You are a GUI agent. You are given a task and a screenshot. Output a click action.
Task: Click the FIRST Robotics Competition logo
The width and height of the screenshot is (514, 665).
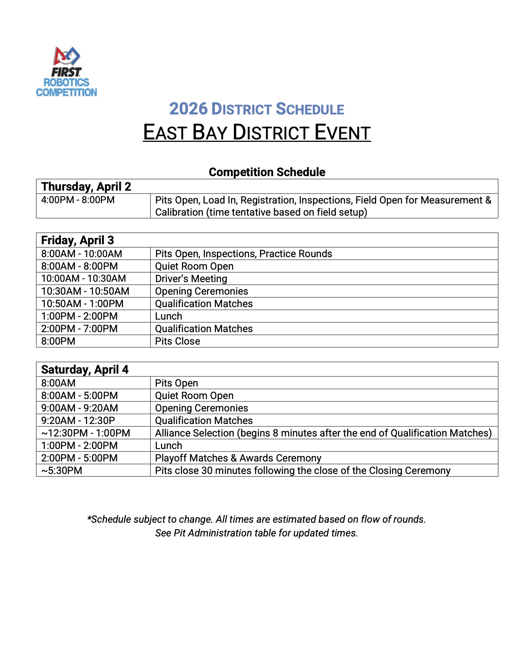pos(67,72)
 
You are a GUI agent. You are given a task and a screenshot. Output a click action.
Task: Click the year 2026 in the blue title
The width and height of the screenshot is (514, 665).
pos(188,109)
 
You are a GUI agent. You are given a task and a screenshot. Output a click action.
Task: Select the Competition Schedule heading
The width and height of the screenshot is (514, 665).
pos(267,172)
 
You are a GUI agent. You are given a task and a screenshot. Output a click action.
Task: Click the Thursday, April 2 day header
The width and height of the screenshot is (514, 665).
pos(86,187)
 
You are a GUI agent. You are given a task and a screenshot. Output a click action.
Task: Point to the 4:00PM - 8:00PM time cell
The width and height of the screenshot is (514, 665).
pos(78,200)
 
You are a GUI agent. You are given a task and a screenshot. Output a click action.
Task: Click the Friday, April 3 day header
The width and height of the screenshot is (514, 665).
pos(78,240)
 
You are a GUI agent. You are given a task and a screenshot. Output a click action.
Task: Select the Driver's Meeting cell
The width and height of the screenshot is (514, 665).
pos(191,278)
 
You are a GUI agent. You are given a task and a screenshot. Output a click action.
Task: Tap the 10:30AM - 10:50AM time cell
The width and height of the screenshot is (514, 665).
pos(85,291)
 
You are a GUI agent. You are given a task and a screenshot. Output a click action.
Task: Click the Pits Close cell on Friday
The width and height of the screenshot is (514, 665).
pos(177,341)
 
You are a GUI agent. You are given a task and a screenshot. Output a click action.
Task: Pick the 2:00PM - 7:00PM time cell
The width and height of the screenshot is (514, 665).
pos(79,328)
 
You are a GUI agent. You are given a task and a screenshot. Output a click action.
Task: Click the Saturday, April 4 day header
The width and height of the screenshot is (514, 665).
pos(85,370)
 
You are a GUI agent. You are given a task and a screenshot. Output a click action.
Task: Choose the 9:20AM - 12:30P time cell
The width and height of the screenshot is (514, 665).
pos(78,420)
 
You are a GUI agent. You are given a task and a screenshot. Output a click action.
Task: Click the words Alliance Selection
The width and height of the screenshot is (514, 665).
pos(194,433)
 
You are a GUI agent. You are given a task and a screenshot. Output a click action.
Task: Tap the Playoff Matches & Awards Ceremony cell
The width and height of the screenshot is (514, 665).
pos(238,458)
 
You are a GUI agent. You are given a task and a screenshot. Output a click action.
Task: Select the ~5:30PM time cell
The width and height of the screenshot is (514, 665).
pos(62,470)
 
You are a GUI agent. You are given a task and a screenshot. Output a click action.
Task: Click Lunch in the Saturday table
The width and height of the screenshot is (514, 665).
pos(169,445)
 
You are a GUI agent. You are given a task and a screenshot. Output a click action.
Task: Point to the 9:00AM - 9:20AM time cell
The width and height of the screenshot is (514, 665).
pos(79,408)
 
